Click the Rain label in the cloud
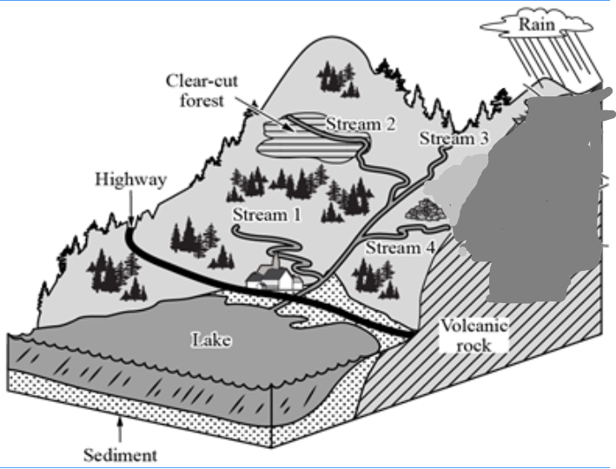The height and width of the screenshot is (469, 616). tap(536, 23)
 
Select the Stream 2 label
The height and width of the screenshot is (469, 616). tap(361, 124)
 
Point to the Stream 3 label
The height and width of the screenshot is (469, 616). tap(454, 138)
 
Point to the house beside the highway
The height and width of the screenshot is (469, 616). tap(275, 276)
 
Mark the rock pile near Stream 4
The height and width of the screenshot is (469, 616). tap(423, 210)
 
